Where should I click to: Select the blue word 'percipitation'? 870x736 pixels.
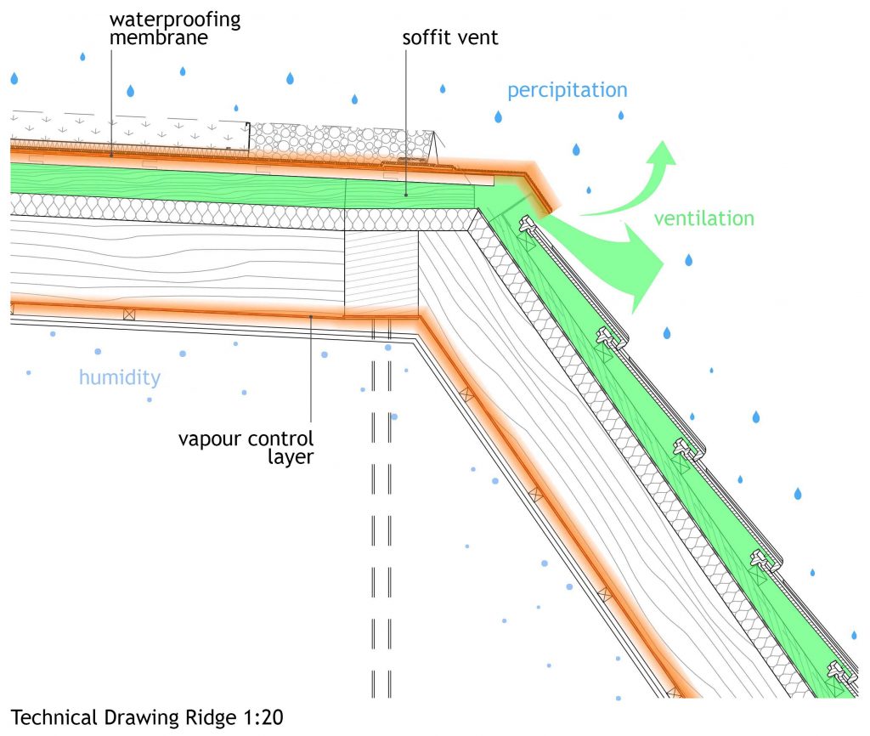tap(567, 90)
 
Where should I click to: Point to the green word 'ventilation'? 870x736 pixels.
tap(703, 218)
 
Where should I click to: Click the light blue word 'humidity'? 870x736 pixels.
tap(119, 376)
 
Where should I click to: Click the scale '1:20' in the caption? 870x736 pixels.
tap(257, 718)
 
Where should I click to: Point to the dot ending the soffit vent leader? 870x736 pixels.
tap(406, 195)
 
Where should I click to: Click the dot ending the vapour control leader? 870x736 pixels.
tap(313, 317)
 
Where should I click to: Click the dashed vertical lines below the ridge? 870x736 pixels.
tap(381, 510)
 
